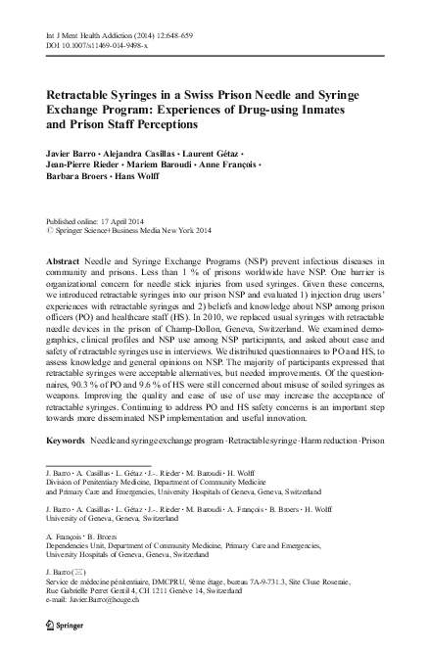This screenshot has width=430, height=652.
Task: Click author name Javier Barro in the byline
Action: pos(74,156)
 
